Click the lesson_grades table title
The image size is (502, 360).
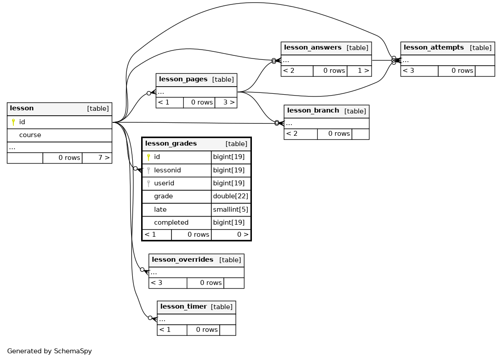[171, 143]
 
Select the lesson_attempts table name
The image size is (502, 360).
[434, 47]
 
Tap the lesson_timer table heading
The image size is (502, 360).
[184, 306]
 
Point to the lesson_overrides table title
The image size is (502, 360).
[183, 260]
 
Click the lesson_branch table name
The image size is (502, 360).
[313, 110]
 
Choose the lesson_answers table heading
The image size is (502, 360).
[313, 47]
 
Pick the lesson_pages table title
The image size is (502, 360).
[183, 79]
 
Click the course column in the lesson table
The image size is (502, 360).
[30, 135]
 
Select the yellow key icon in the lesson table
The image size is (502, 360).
[13, 122]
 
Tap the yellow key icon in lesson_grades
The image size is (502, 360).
[148, 157]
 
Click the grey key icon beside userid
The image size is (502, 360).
[148, 183]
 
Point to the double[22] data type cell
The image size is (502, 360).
[230, 196]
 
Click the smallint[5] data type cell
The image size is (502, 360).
[230, 209]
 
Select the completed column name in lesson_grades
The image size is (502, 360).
[171, 222]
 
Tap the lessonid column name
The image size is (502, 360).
[167, 170]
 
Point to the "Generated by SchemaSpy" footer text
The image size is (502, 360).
[49, 351]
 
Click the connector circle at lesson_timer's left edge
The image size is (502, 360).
[150, 318]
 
